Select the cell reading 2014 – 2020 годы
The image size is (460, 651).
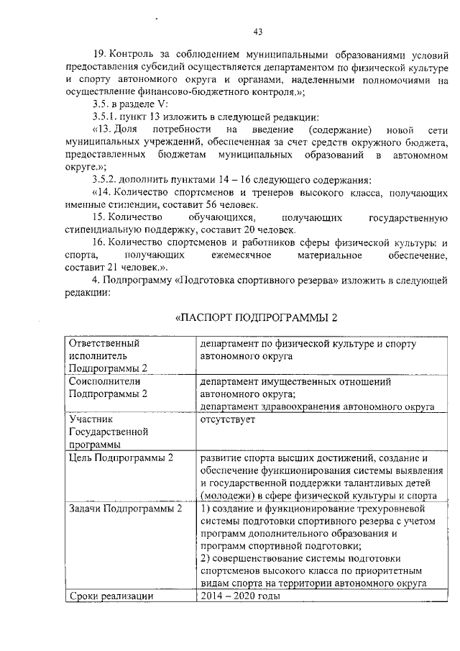(241, 596)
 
